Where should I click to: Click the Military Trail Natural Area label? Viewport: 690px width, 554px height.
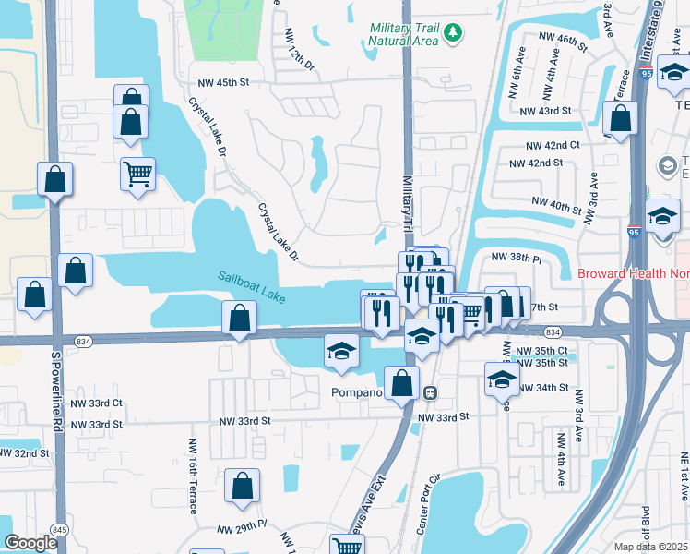(x=404, y=36)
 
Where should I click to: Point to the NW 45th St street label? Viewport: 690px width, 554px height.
(x=219, y=82)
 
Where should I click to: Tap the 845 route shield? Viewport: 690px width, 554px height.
(x=60, y=529)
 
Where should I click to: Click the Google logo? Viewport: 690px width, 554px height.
(x=30, y=543)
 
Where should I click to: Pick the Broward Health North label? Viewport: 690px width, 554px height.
(x=633, y=273)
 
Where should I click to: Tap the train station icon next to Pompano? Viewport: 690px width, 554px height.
(x=430, y=392)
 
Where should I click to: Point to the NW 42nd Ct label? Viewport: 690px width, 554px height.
(x=553, y=145)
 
